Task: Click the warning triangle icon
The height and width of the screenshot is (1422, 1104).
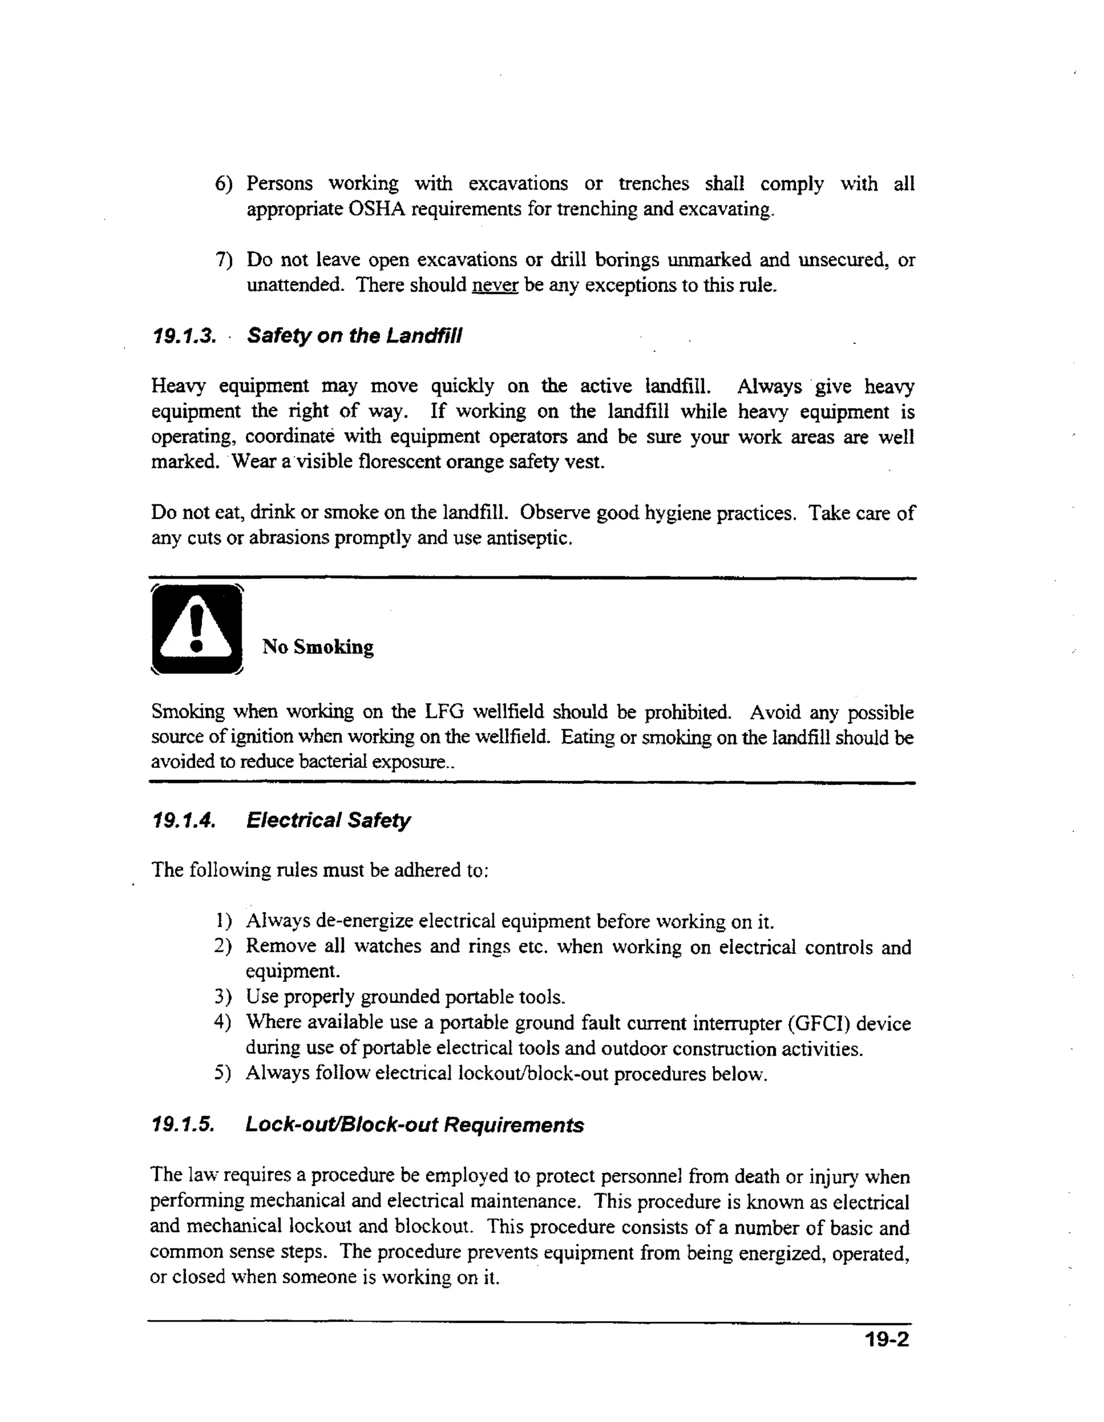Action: click(196, 629)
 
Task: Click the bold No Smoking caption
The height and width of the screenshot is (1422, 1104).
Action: click(318, 647)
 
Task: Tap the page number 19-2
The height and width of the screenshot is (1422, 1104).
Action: click(886, 1340)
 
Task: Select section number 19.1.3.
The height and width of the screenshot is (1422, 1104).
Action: click(184, 337)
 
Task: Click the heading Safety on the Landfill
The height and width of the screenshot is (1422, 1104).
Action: click(354, 336)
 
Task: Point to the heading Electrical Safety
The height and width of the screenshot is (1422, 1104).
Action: click(328, 820)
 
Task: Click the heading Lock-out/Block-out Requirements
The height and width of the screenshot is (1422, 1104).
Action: click(414, 1125)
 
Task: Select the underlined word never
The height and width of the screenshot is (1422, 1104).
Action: click(494, 285)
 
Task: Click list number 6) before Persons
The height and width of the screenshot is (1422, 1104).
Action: click(223, 184)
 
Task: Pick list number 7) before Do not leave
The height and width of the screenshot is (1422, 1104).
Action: click(223, 260)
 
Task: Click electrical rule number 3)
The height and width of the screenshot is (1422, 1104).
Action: click(223, 997)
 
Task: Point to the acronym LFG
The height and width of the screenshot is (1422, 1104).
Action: click(444, 712)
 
